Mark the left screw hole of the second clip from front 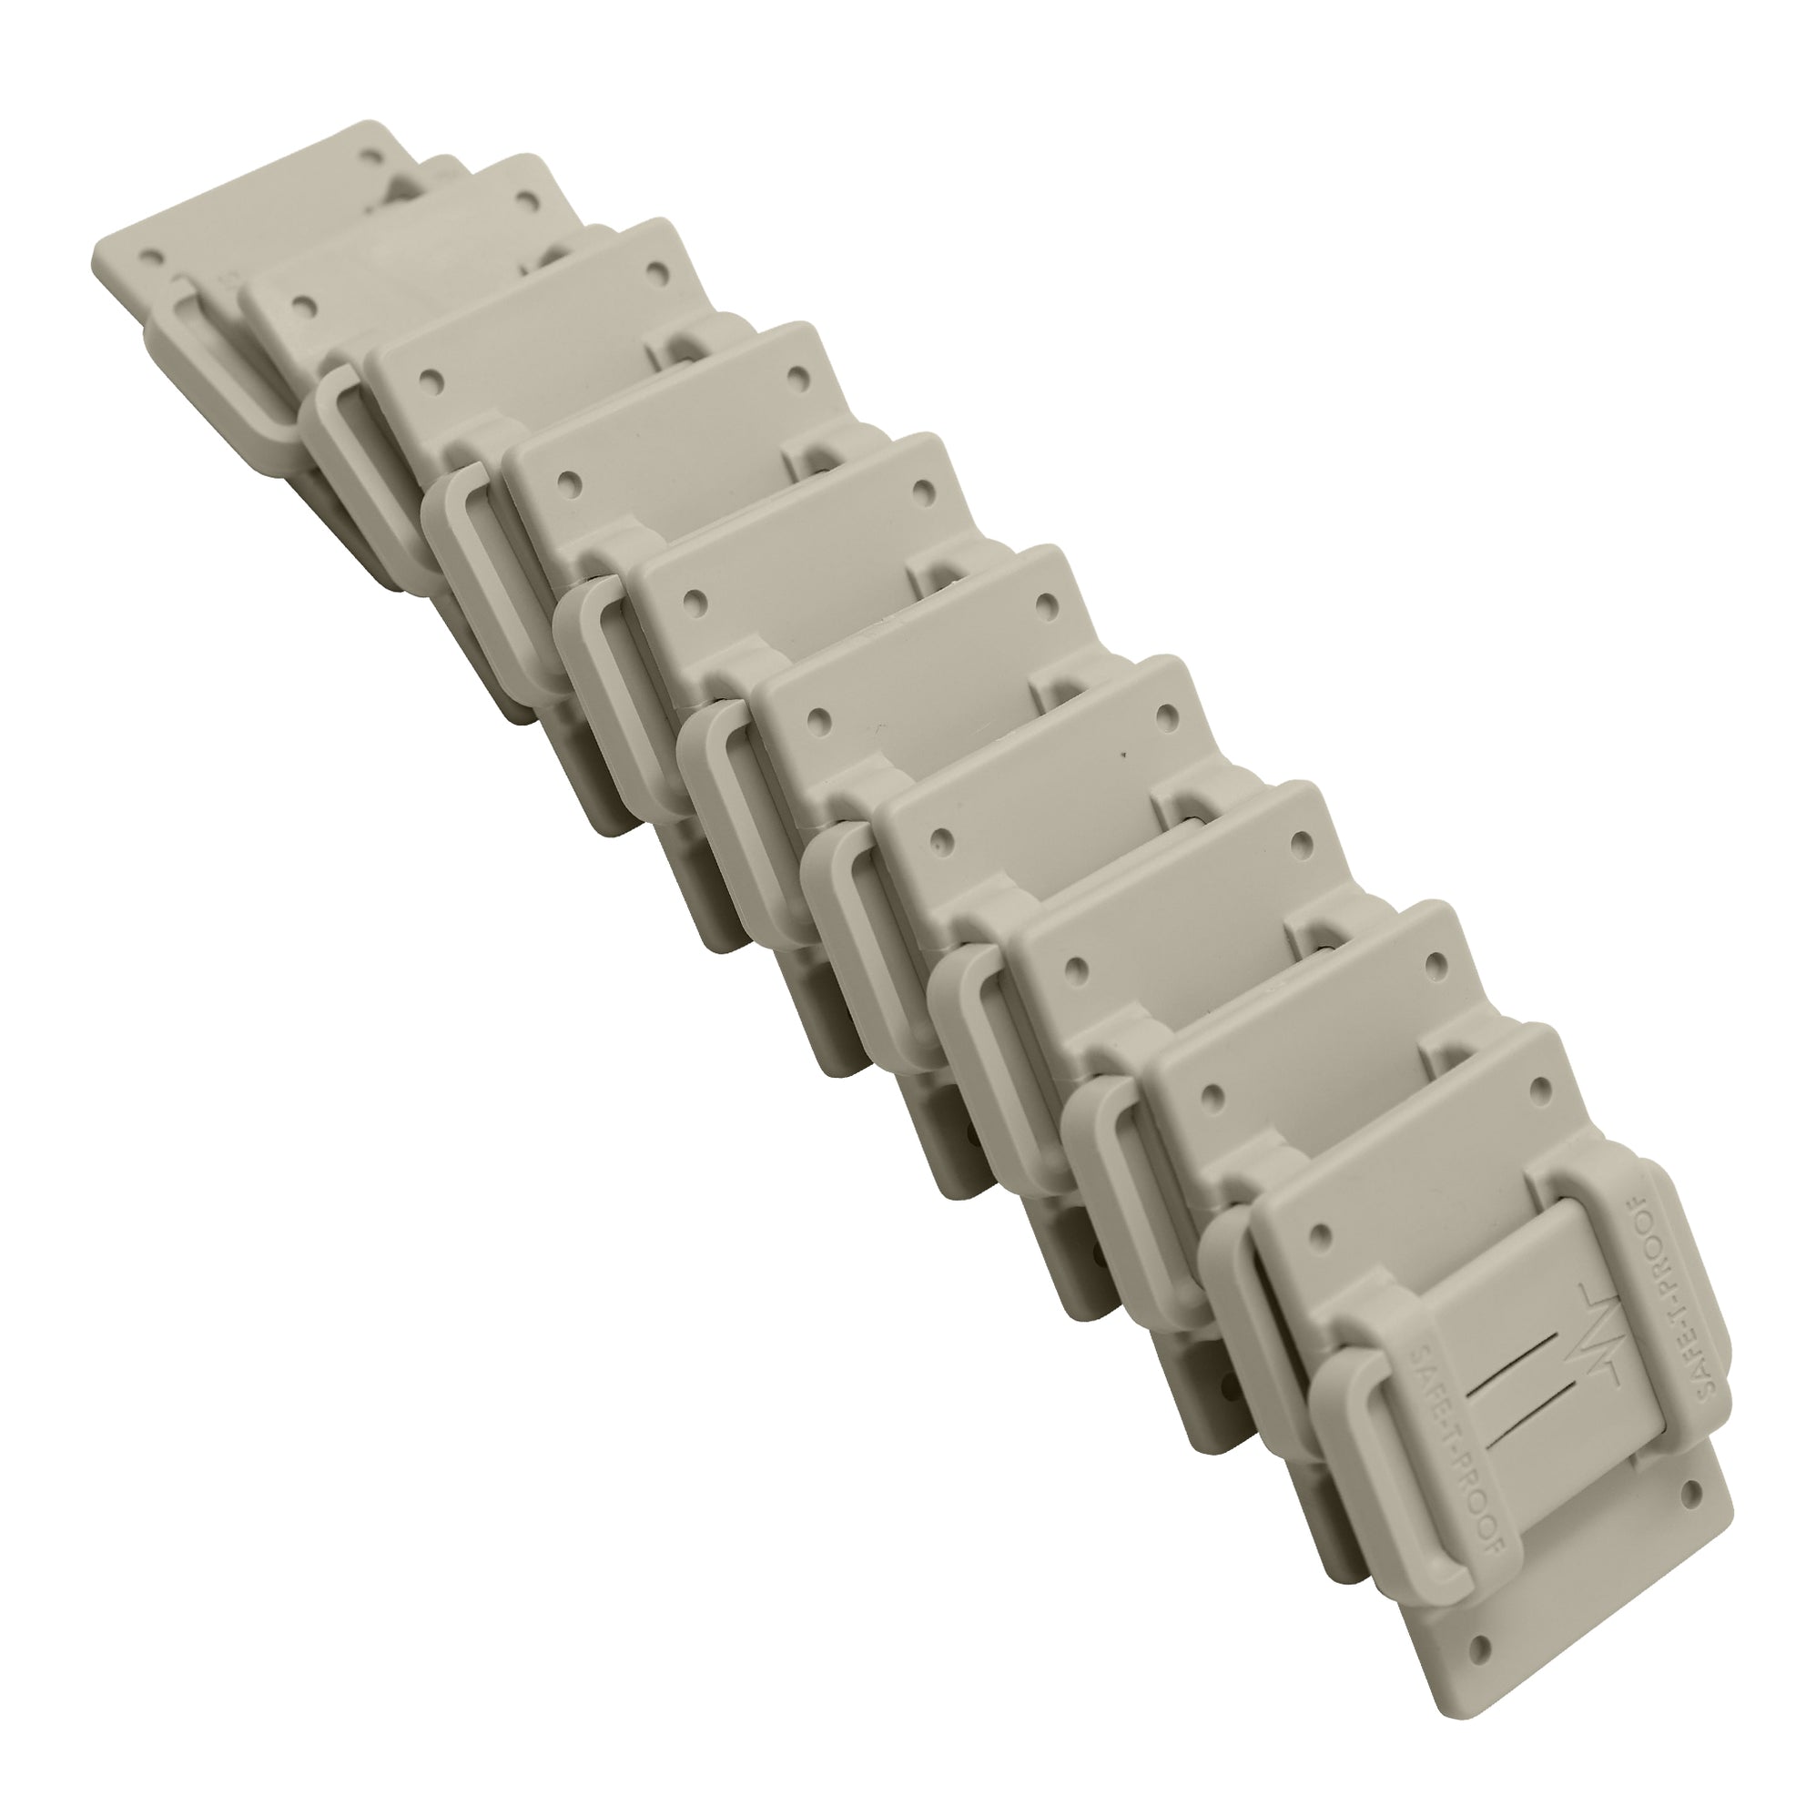pyautogui.click(x=1213, y=1095)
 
